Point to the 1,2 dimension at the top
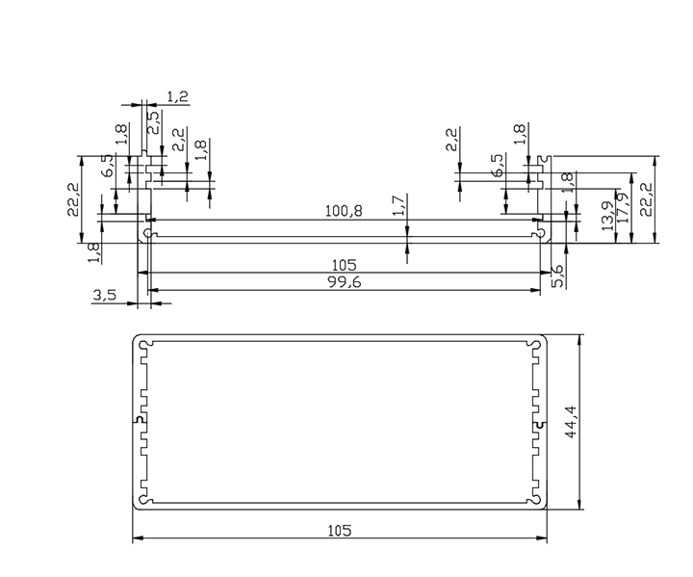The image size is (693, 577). click(177, 96)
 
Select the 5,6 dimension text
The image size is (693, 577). click(558, 275)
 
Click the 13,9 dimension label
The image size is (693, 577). click(606, 214)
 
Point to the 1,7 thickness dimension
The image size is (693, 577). click(399, 204)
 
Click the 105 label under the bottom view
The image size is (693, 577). click(339, 531)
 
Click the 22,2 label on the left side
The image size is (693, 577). click(74, 200)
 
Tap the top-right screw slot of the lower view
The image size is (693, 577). click(536, 343)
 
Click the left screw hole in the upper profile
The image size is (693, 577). click(147, 233)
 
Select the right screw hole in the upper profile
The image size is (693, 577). click(539, 233)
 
